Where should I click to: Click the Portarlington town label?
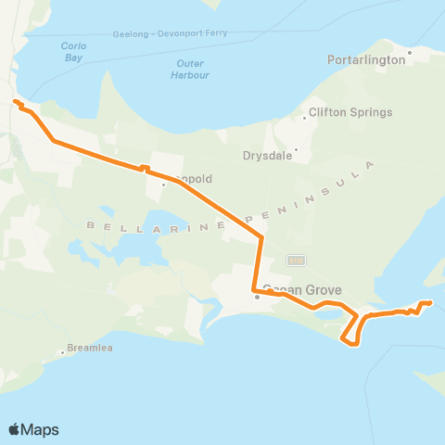[x=366, y=59]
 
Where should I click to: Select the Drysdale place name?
[x=267, y=156]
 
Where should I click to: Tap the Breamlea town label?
[x=89, y=352]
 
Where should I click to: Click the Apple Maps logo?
[x=33, y=429]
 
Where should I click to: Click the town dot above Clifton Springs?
[x=304, y=118]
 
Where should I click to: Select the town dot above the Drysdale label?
[x=296, y=149]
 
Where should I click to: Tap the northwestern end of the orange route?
[x=15, y=102]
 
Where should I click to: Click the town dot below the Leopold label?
[x=163, y=184]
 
